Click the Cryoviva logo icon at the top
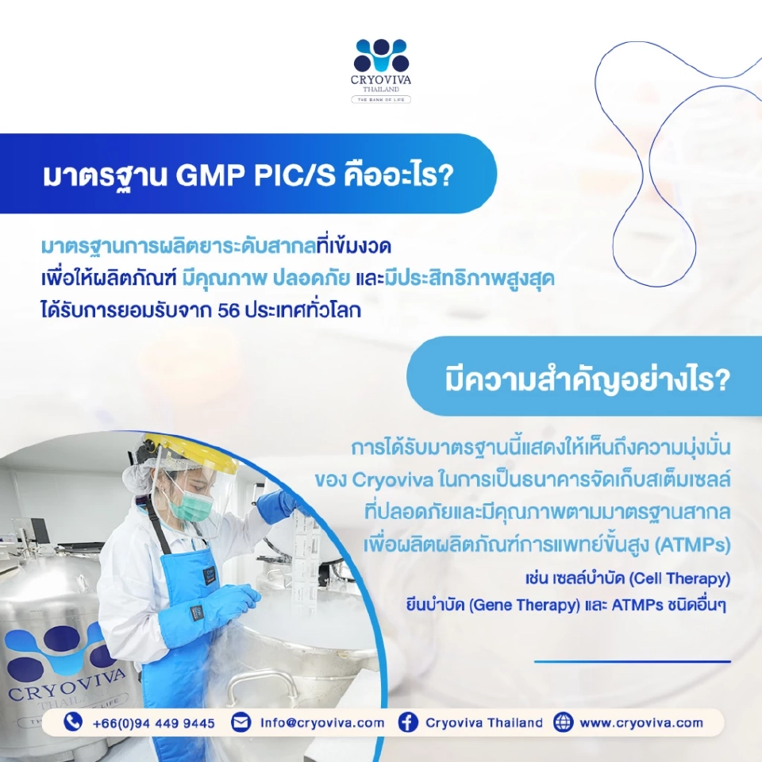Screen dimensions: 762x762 pyautogui.click(x=381, y=56)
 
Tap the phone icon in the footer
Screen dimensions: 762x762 pyautogui.click(x=74, y=722)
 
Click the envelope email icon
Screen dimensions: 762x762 pyautogui.click(x=241, y=722)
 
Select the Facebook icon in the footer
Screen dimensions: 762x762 pyautogui.click(x=408, y=722)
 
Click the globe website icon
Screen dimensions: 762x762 pyautogui.click(x=563, y=722)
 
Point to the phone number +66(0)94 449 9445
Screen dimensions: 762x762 pyautogui.click(x=153, y=723)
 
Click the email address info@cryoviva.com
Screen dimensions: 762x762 pyautogui.click(x=322, y=723)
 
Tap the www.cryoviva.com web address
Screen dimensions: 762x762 pyautogui.click(x=641, y=723)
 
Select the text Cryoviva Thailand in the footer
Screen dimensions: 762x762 pyautogui.click(x=484, y=723)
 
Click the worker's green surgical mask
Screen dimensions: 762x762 pyautogui.click(x=185, y=503)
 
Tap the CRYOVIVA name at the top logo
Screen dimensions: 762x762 pyautogui.click(x=381, y=80)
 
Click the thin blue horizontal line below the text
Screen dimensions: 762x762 pyautogui.click(x=632, y=661)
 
